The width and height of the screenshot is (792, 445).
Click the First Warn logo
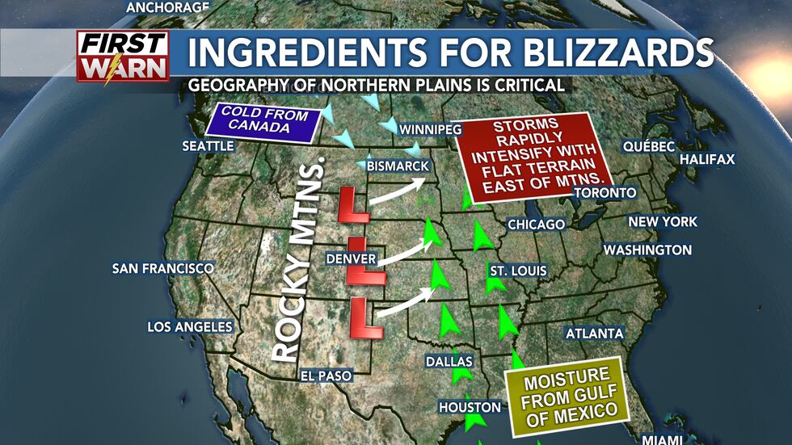coord(123,57)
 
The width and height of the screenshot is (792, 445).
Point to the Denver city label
coord(352,258)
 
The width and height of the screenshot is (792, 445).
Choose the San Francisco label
coord(163,268)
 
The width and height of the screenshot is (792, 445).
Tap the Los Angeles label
coord(190,327)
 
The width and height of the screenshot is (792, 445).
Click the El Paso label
coord(326,376)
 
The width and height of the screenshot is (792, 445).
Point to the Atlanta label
coord(594,334)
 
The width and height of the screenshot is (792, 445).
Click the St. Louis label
coord(517,271)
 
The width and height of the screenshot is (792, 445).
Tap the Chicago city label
coord(535,224)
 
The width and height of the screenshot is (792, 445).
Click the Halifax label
coord(707,160)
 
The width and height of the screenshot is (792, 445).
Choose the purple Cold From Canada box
coord(260,120)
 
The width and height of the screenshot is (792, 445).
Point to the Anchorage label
coord(168,7)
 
